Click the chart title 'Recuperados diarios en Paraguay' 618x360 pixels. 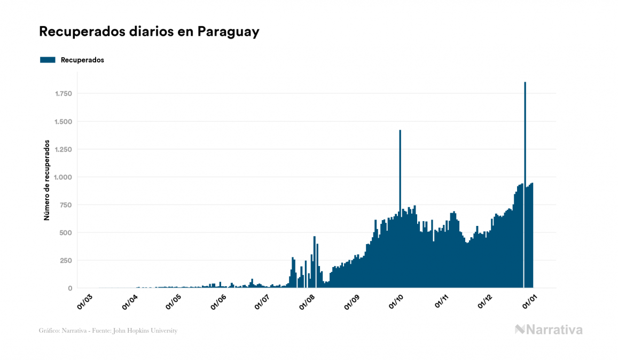[x=149, y=32]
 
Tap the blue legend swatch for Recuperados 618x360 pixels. [x=48, y=60]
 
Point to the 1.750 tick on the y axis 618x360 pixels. [x=63, y=94]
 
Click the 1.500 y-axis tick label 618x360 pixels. [x=63, y=122]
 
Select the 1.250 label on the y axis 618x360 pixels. [x=63, y=150]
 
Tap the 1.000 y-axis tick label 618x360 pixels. [x=63, y=177]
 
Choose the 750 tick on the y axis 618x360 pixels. [x=66, y=205]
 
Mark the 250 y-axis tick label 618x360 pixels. [x=66, y=261]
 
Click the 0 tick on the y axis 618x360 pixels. [x=70, y=288]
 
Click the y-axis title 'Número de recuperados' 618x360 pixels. [x=46, y=181]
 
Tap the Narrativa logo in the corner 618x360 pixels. [x=549, y=330]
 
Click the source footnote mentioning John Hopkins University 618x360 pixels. [x=108, y=331]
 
